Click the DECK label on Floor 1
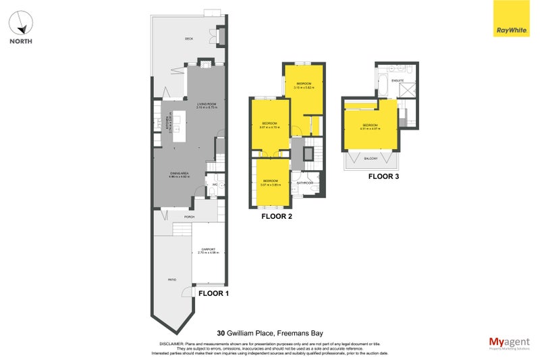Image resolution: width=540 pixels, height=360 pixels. click(189, 39)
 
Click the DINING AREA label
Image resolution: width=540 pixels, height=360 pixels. click(180, 173)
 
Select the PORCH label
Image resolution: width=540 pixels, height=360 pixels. click(190, 217)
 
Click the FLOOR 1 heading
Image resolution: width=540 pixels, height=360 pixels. click(213, 294)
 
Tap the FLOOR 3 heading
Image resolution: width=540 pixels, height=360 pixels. click(383, 177)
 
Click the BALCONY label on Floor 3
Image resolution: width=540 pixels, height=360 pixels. click(371, 159)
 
